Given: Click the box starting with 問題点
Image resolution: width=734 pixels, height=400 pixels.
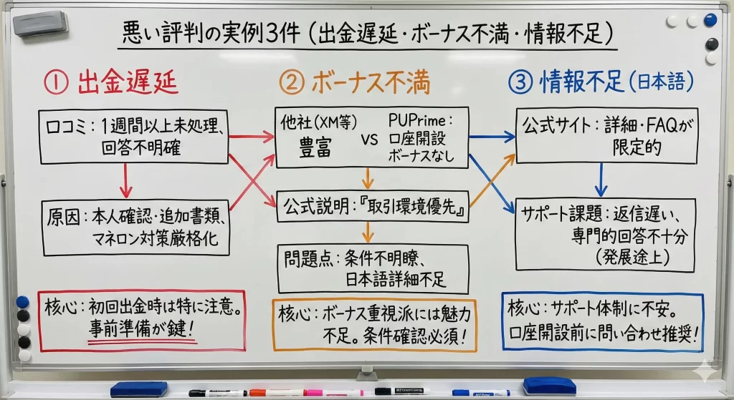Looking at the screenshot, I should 372,268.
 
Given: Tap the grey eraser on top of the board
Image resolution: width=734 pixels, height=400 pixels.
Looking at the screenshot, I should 40,24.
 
